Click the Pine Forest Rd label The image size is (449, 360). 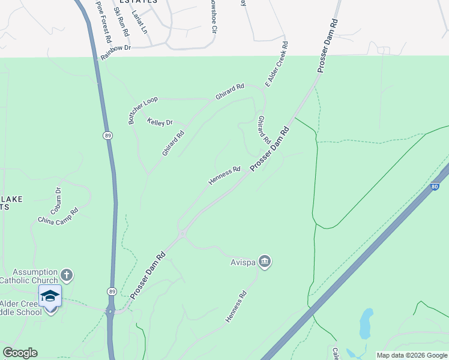pyautogui.click(x=103, y=21)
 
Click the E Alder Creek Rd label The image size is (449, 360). pyautogui.click(x=276, y=64)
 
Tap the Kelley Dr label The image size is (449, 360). pyautogui.click(x=160, y=122)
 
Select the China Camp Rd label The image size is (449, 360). pyautogui.click(x=58, y=215)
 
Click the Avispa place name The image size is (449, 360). pyautogui.click(x=243, y=262)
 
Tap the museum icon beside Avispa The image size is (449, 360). pyautogui.click(x=265, y=262)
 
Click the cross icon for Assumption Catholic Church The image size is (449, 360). pyautogui.click(x=67, y=275)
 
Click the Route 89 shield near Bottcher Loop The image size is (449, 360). pyautogui.click(x=106, y=136)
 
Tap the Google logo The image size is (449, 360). pyautogui.click(x=20, y=353)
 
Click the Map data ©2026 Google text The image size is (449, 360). pyautogui.click(x=411, y=355)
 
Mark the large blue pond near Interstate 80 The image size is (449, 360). pyautogui.click(x=366, y=323)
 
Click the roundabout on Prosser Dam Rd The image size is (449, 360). pyautogui.click(x=181, y=234)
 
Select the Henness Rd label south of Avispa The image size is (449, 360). pyautogui.click(x=236, y=307)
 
